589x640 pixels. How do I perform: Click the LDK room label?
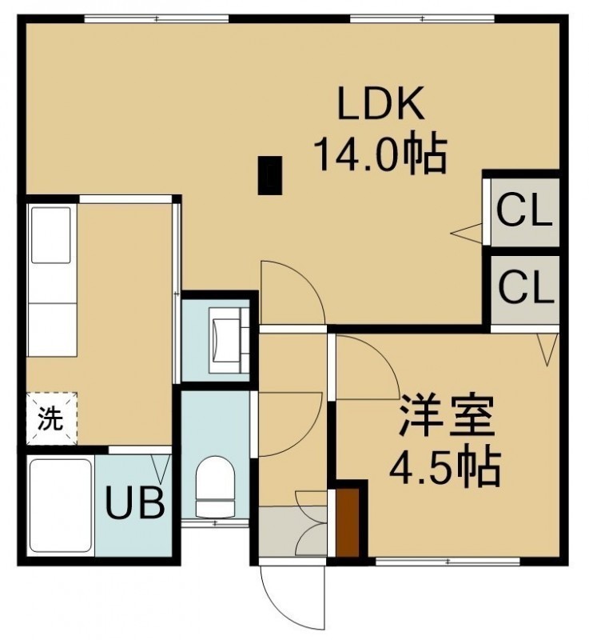click(380, 102)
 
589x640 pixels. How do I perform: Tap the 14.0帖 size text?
click(380, 155)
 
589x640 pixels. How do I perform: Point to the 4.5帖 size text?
click(444, 470)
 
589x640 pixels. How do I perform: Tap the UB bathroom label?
click(135, 503)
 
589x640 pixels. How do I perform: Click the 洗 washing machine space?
click(52, 418)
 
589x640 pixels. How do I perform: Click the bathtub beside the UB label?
click(62, 506)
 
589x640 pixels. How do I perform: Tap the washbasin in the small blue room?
click(229, 340)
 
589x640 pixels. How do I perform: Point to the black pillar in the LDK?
click(270, 175)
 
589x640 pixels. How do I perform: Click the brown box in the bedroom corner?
click(348, 522)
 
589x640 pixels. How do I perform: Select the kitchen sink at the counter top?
click(51, 235)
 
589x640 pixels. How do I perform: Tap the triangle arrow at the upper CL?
click(466, 233)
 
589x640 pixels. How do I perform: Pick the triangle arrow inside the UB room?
click(160, 468)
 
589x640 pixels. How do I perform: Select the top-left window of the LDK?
click(157, 18)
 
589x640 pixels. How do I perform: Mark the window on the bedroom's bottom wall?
click(448, 562)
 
